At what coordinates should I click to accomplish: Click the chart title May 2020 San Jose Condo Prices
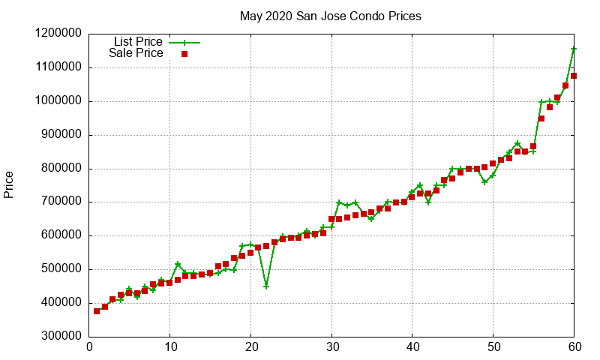tap(330, 16)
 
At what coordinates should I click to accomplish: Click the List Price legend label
tap(138, 42)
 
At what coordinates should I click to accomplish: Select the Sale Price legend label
tap(136, 53)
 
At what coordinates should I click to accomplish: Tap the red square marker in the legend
tap(184, 54)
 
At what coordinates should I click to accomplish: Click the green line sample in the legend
tap(184, 43)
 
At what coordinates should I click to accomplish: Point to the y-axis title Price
tap(9, 184)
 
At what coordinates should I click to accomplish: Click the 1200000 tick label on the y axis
tap(58, 34)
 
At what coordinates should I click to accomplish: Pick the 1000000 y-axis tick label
tap(58, 101)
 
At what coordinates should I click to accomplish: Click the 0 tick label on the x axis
tap(89, 347)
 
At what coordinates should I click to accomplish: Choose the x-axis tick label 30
tap(331, 347)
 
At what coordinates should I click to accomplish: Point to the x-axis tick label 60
tap(574, 347)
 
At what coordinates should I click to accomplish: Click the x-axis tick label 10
tap(170, 347)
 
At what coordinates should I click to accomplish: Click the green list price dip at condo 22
tap(266, 286)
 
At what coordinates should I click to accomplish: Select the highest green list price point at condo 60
tap(574, 49)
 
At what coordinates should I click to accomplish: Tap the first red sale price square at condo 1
tap(97, 310)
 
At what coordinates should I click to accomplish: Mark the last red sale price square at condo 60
tap(574, 76)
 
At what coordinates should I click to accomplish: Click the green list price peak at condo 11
tap(178, 264)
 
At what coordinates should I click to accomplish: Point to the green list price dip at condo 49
tap(484, 182)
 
